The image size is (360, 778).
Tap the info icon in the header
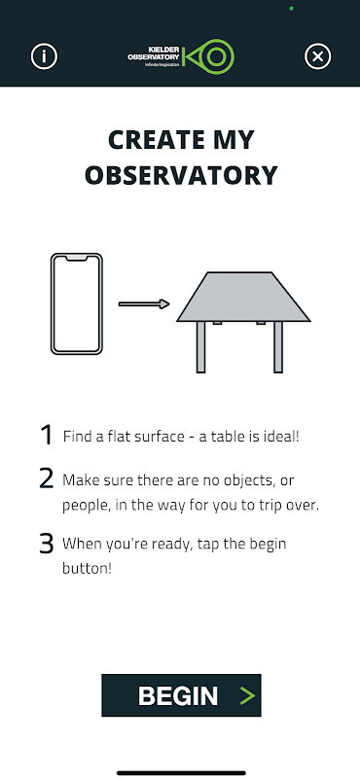click(x=44, y=56)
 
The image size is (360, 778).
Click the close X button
click(x=317, y=56)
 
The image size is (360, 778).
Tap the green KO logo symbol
click(x=208, y=56)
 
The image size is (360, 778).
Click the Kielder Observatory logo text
click(x=154, y=54)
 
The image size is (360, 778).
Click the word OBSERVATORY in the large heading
click(x=181, y=175)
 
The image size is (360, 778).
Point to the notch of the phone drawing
click(x=77, y=258)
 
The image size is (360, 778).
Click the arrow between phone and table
click(x=144, y=304)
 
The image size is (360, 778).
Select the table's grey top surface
click(x=243, y=297)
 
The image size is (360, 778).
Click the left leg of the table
click(x=201, y=347)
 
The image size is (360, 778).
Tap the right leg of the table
click(x=278, y=347)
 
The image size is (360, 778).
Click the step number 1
click(x=47, y=435)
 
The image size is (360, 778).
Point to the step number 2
click(x=46, y=478)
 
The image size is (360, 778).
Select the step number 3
click(x=46, y=544)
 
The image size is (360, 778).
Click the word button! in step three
click(x=87, y=568)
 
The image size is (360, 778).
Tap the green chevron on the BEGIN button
click(x=247, y=695)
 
